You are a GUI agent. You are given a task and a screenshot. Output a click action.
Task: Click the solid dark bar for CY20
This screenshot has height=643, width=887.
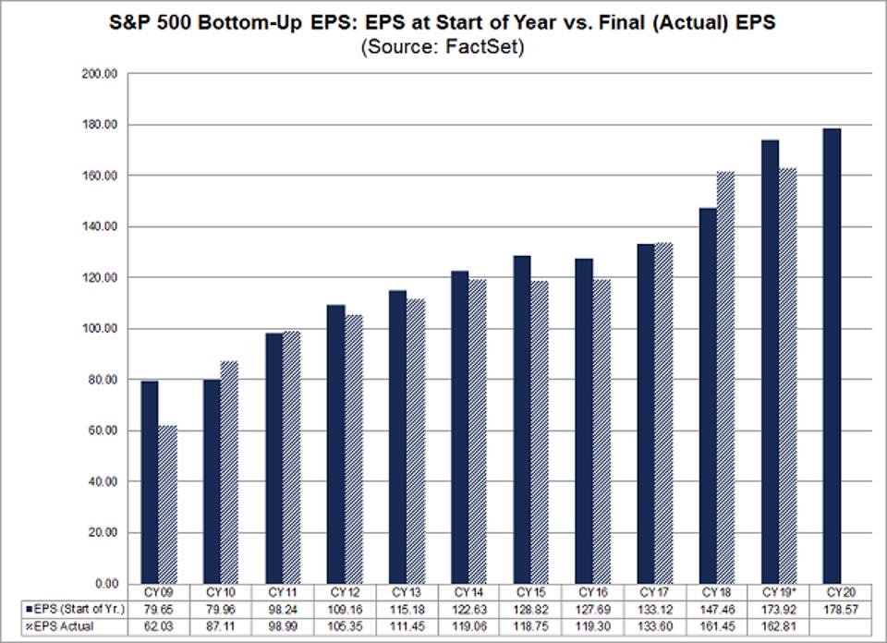(832, 356)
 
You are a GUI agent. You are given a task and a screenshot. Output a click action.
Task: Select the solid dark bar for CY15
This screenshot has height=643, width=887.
(522, 419)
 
